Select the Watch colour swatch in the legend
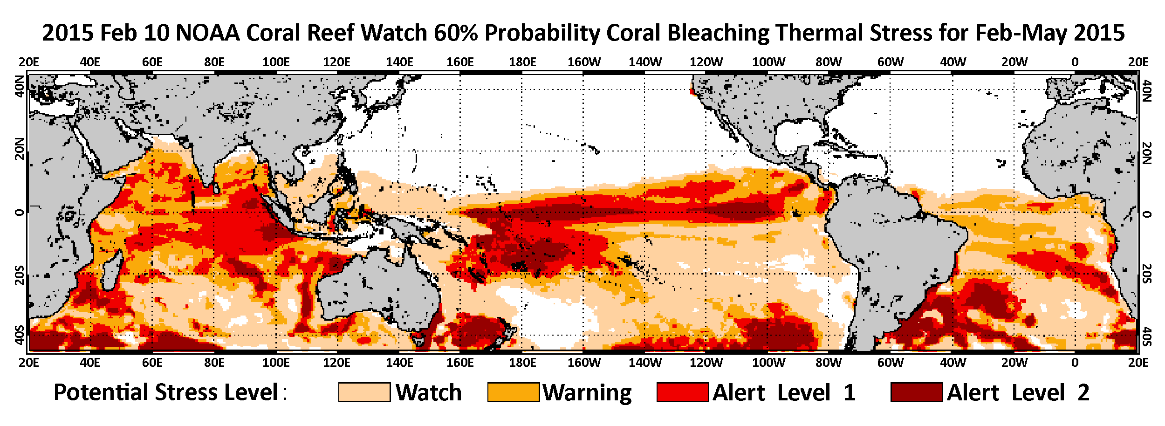[364, 392]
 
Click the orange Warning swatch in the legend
[513, 392]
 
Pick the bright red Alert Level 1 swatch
[682, 392]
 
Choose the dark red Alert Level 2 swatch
[916, 392]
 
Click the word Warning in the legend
[587, 392]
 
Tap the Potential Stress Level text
[166, 392]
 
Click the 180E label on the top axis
[522, 62]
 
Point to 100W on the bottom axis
[768, 363]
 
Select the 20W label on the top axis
[1014, 62]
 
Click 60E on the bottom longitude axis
[152, 363]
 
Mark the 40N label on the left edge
[19, 87]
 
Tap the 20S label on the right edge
[1147, 274]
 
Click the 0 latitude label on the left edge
[19, 213]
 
